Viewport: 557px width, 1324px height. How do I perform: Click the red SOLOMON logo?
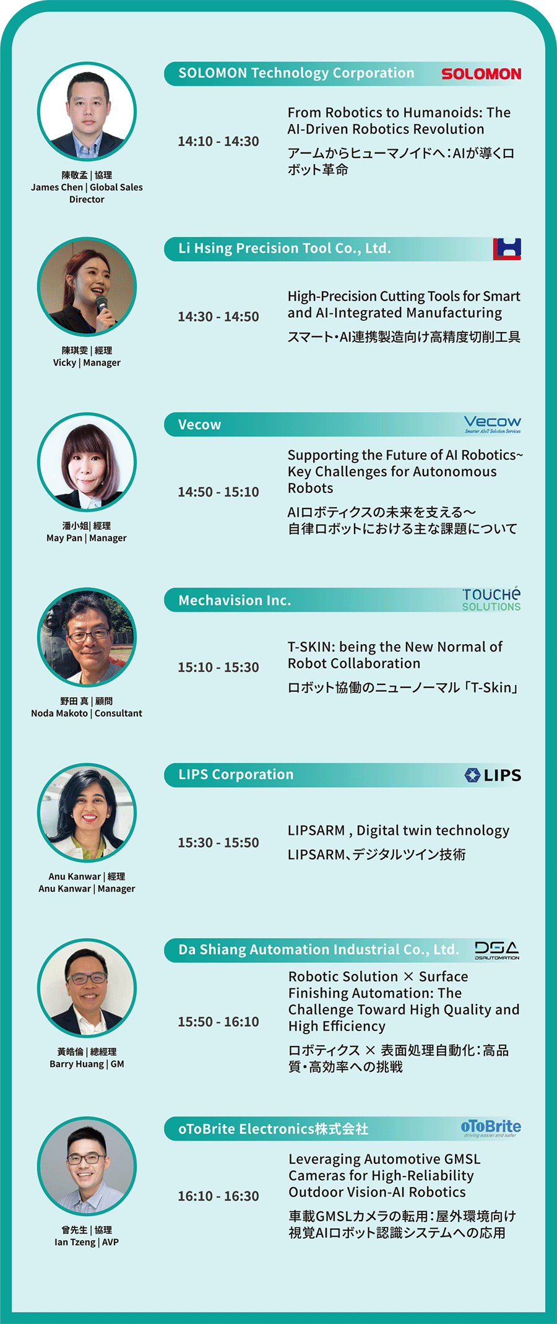click(x=481, y=74)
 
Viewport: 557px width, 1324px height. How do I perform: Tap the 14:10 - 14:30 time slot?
click(x=218, y=141)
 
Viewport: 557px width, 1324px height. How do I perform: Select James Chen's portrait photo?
click(x=87, y=111)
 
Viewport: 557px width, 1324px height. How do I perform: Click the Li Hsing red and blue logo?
click(x=507, y=249)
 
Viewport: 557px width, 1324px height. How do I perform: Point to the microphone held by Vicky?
click(x=102, y=307)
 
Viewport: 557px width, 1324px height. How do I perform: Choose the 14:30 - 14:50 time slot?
click(x=218, y=316)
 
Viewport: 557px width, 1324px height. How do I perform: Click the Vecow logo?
click(x=493, y=424)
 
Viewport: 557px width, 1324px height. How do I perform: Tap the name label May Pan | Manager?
click(x=87, y=538)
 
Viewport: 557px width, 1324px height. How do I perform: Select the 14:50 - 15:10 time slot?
click(x=218, y=492)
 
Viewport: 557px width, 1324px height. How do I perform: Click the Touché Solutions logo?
click(x=491, y=599)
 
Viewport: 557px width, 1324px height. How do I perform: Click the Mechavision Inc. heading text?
click(x=235, y=600)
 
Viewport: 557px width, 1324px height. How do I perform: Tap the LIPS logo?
click(x=493, y=775)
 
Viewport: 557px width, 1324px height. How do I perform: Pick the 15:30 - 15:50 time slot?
click(x=218, y=842)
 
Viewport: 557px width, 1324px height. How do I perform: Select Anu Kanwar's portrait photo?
click(x=87, y=812)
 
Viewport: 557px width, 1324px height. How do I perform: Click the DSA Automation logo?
click(x=497, y=950)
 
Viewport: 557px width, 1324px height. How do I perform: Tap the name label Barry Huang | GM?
click(x=87, y=1064)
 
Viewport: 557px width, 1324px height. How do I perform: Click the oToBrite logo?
click(x=491, y=1128)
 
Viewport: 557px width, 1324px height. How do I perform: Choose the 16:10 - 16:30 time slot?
click(x=218, y=1196)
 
